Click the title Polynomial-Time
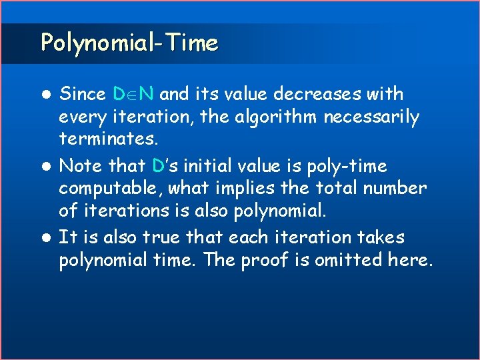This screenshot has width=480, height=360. [x=129, y=43]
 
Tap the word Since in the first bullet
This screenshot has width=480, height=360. [x=83, y=94]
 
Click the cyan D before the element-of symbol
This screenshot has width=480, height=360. [x=119, y=94]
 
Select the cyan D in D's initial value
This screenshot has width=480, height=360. [x=159, y=165]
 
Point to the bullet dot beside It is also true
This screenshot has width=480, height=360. [x=46, y=238]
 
